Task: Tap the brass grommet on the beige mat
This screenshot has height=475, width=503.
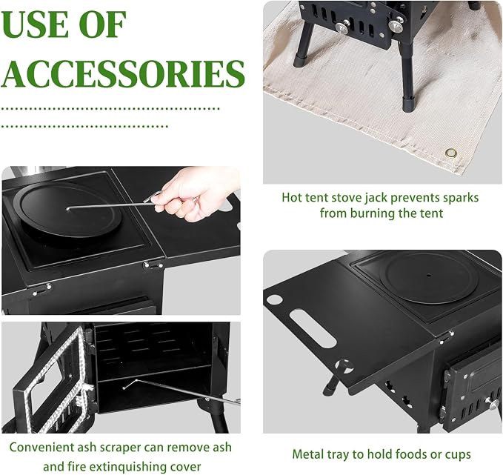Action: (451, 153)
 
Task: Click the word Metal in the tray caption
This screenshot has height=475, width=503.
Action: (308, 454)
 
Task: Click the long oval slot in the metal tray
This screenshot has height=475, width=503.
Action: (313, 328)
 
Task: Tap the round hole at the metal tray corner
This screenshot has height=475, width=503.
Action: (274, 299)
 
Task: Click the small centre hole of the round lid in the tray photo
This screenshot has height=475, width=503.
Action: (429, 275)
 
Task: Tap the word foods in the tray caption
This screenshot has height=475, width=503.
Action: (409, 454)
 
